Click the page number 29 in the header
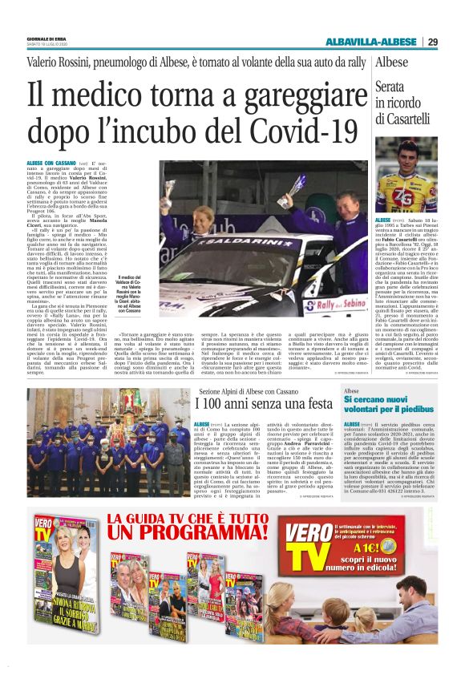click(x=433, y=42)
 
